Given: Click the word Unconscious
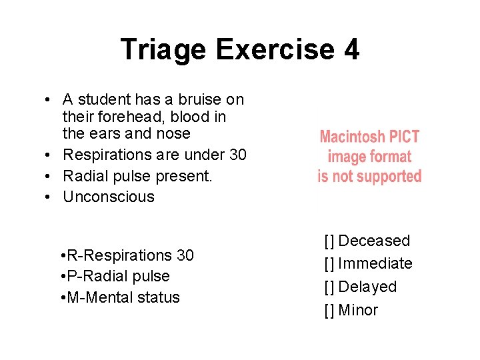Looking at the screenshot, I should [109, 197].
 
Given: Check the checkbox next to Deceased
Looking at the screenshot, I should [329, 241].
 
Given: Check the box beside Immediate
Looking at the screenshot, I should [329, 264].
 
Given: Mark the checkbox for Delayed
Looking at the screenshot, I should [329, 287].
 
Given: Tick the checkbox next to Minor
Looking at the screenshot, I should [329, 311].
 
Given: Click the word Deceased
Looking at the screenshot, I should [375, 241].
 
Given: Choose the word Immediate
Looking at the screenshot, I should [375, 264].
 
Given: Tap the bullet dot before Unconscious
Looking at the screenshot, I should [50, 197].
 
